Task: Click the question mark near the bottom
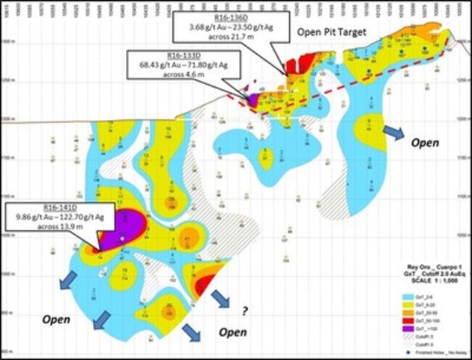(x=243, y=310)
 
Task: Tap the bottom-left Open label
(x=56, y=319)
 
